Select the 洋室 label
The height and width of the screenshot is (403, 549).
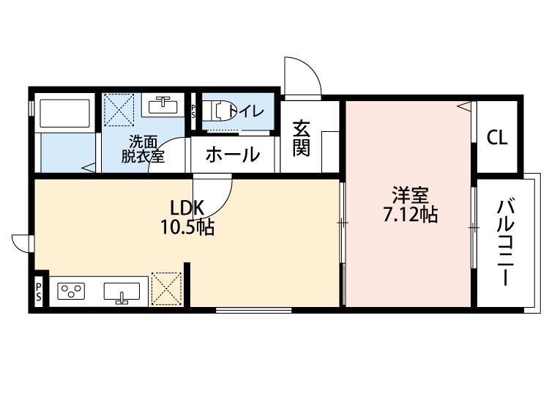pos(410,195)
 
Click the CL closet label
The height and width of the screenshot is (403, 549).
pos(498,137)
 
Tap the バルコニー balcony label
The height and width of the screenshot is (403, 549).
pos(504,242)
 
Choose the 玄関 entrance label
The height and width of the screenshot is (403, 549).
pos(301,139)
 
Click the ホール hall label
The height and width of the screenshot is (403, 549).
pos(233,155)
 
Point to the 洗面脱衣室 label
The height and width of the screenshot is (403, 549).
pos(143,149)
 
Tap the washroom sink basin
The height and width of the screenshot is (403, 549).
pos(163,106)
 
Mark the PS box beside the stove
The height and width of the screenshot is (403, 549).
pos(38,292)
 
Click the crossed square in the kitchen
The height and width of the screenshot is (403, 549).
pos(165,289)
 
